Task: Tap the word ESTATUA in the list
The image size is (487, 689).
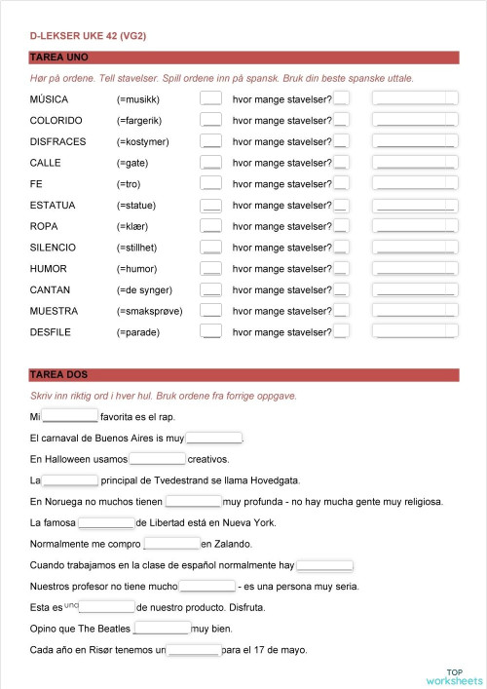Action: [x=53, y=205]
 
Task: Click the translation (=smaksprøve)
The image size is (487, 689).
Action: [x=149, y=311]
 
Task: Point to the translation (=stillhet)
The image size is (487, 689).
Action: [x=144, y=248]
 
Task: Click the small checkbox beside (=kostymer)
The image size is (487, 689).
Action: [x=210, y=141]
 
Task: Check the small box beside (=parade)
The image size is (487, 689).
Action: [x=210, y=332]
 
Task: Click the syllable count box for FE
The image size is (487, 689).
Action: [x=341, y=184]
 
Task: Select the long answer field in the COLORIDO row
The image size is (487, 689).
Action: [x=415, y=120]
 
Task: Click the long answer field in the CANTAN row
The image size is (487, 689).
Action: [x=415, y=290]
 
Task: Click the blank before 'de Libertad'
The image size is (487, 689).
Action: [x=106, y=523]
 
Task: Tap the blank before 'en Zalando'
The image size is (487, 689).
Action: [x=171, y=544]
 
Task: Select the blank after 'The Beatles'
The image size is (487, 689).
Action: [x=162, y=629]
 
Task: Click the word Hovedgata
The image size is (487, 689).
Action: [x=276, y=480]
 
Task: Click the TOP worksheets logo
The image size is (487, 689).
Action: [x=454, y=675]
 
